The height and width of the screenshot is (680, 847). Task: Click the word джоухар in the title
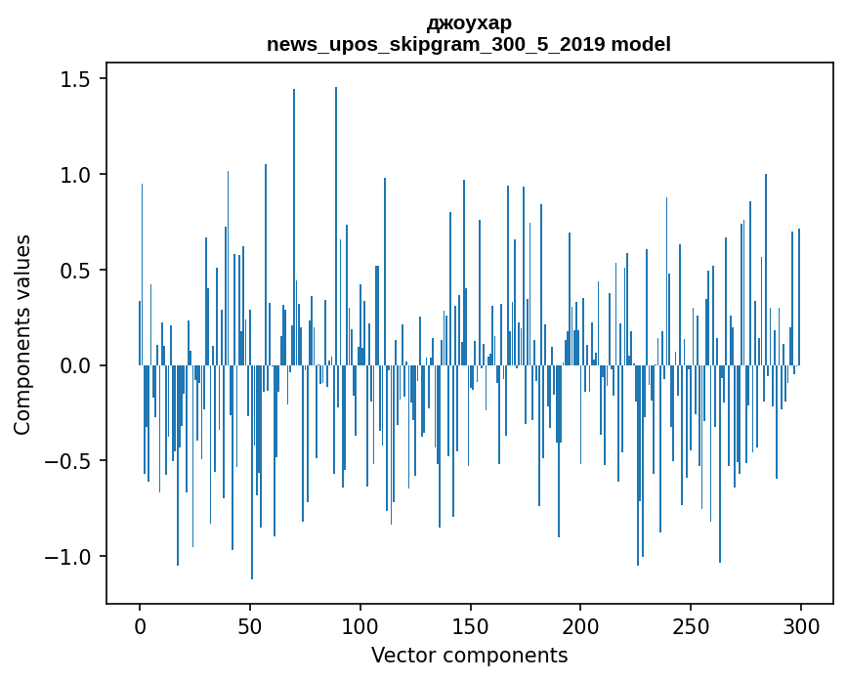469,22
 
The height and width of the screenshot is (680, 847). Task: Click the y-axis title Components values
22,334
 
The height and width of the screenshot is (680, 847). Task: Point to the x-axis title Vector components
469,655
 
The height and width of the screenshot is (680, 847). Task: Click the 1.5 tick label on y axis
74,79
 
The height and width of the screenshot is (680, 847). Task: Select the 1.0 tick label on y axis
74,175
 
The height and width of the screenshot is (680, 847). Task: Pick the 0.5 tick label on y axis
74,270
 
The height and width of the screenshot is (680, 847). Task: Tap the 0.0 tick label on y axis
74,365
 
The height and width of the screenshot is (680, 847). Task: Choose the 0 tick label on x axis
140,625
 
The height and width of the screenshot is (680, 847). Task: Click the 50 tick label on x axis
250,625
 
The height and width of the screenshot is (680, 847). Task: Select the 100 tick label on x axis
360,625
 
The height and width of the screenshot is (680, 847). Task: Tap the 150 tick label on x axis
470,625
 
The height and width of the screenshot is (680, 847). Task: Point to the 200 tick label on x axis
580,625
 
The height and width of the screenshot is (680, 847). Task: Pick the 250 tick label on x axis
691,625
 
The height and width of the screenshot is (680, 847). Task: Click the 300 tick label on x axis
801,625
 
